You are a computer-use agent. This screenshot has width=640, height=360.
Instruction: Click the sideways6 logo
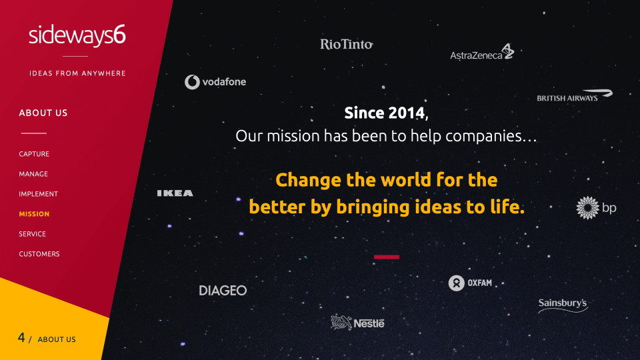click(77, 35)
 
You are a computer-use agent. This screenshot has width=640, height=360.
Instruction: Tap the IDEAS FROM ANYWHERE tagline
click(77, 73)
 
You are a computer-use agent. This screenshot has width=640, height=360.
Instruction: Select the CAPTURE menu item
click(34, 154)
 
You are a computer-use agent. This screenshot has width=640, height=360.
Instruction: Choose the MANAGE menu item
click(33, 174)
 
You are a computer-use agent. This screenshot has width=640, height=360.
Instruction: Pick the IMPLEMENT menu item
click(39, 194)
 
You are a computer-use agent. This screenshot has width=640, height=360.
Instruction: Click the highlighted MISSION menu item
click(34, 214)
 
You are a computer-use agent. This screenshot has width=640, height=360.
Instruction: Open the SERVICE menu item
click(32, 234)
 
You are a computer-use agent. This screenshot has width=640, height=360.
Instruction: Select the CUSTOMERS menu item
click(39, 254)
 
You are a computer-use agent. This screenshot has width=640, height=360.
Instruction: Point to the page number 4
click(21, 337)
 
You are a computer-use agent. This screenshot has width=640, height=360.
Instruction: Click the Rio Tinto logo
click(347, 44)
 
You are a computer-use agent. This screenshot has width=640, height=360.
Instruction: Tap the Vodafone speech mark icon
click(192, 82)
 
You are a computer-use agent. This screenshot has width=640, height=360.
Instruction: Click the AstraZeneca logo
click(482, 52)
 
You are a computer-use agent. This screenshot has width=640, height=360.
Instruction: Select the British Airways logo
click(575, 95)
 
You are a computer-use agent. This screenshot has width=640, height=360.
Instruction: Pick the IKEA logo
click(175, 193)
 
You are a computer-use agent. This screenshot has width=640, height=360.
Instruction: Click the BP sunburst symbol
click(587, 208)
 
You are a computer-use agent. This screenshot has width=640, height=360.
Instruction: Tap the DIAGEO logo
click(223, 291)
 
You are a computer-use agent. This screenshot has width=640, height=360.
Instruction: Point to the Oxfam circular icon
click(456, 283)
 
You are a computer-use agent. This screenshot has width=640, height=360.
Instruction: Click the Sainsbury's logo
click(563, 305)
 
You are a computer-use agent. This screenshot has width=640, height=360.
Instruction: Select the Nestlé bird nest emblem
click(341, 323)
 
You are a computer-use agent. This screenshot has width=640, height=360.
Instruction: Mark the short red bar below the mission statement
click(387, 257)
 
